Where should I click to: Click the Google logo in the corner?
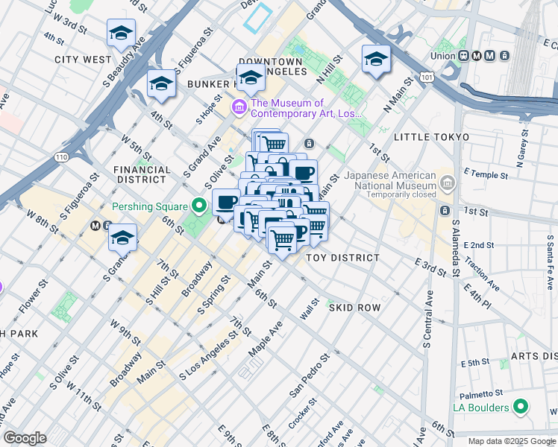pos(25,438)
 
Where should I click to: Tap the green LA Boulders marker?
pos(521,408)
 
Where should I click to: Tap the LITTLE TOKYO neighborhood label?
pos(431,137)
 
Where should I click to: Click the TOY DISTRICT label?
pos(342,257)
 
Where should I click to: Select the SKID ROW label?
pos(356,308)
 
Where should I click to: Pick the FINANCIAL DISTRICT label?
pos(139,174)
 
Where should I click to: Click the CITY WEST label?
pos(82,59)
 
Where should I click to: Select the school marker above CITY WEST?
pos(121,34)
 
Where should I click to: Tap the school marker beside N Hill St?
pos(376,59)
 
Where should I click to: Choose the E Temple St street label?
pos(484,177)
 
